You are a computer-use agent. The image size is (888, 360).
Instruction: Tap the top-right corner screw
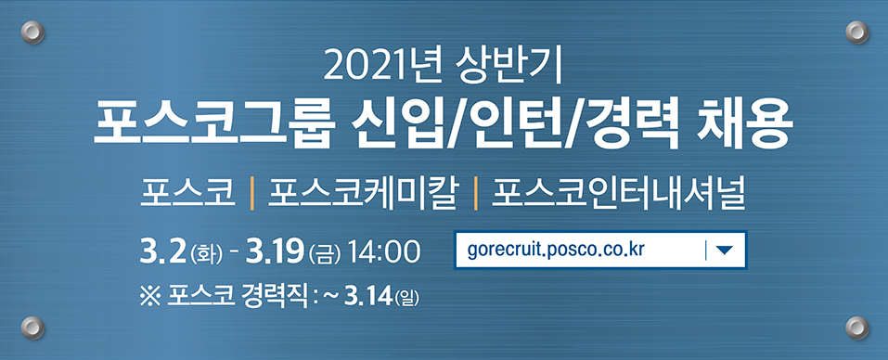[x=856, y=33]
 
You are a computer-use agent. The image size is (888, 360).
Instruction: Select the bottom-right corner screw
[x=856, y=327]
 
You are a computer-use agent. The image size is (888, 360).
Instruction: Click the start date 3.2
[x=161, y=251]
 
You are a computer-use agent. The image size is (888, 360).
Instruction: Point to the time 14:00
[x=384, y=251]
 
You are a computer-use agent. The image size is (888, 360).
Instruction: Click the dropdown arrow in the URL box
[x=725, y=251]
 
